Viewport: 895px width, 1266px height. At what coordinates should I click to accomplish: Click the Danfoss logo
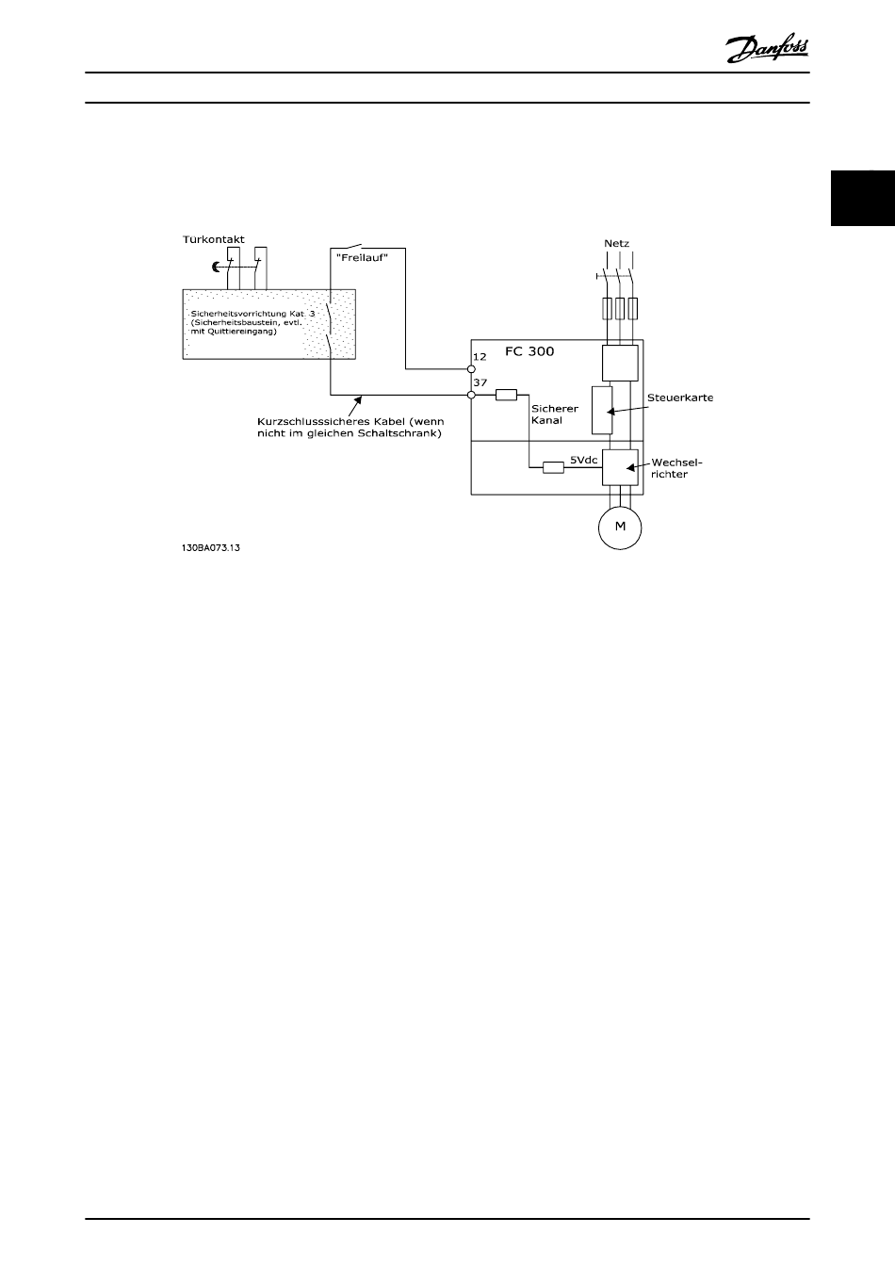[768, 47]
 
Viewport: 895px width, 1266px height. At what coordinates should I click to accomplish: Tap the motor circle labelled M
[620, 527]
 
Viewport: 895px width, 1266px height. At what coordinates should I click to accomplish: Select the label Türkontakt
[213, 240]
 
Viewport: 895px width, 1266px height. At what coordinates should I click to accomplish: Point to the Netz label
[616, 243]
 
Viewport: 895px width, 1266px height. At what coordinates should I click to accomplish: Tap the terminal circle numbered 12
[471, 369]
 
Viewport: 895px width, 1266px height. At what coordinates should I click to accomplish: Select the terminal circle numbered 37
[471, 395]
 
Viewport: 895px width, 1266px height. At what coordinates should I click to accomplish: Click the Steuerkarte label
[680, 398]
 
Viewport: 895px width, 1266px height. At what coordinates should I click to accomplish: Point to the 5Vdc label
[582, 462]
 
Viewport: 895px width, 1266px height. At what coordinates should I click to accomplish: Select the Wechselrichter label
[676, 468]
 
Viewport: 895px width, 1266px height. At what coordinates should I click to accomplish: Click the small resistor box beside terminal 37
[507, 395]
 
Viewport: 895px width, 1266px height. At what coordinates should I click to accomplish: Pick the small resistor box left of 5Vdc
[553, 466]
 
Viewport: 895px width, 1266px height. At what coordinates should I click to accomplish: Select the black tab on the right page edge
[862, 199]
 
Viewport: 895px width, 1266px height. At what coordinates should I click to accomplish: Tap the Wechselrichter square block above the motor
[620, 467]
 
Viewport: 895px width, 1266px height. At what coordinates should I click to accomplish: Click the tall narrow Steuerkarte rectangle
[601, 410]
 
